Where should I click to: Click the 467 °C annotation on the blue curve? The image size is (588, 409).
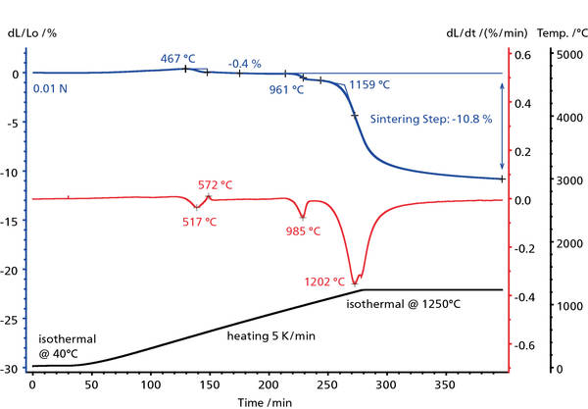coord(178,59)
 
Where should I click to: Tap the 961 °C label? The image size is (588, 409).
coord(286,89)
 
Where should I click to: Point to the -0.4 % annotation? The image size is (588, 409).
coord(244,64)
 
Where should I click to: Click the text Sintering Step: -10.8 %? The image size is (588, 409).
coord(430,119)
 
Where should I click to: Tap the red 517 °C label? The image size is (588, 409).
coord(198,222)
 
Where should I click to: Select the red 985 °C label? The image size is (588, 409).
coord(302,231)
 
